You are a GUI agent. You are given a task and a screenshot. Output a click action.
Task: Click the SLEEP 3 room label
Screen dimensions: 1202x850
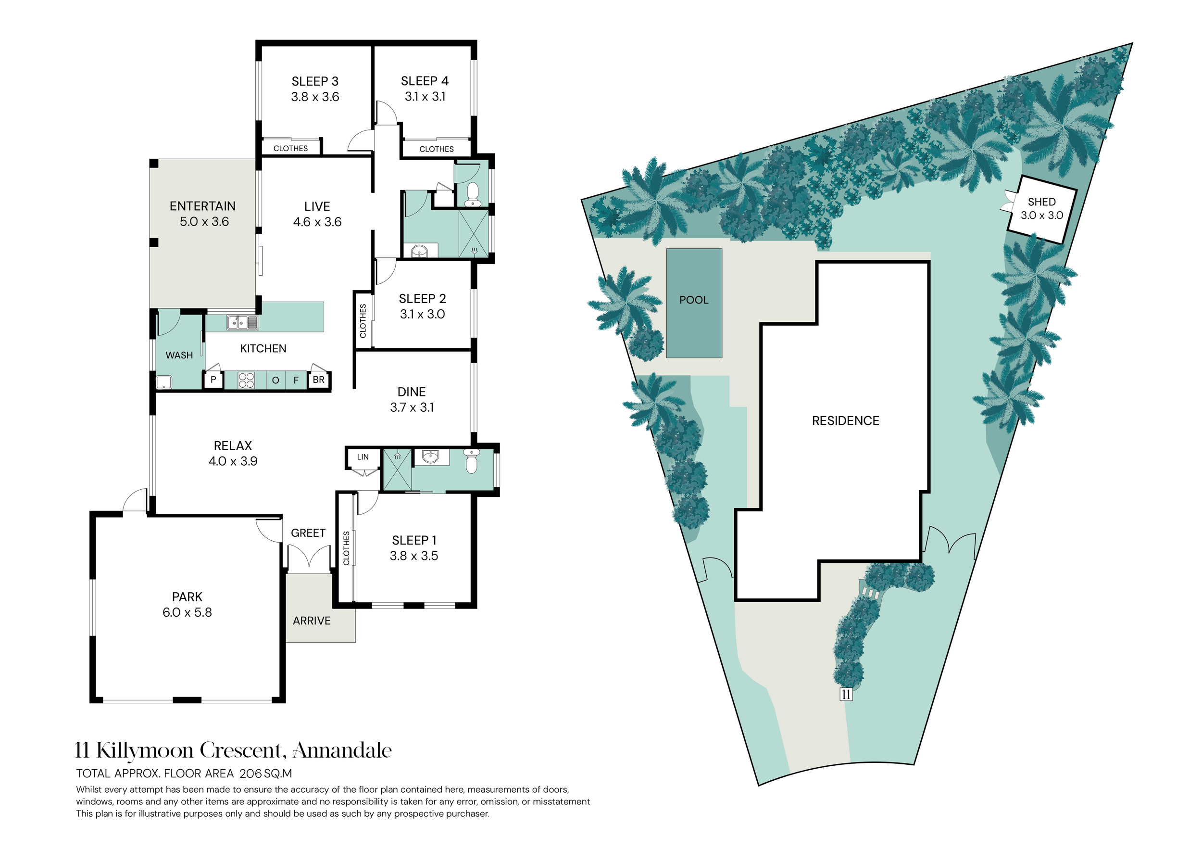click(x=314, y=81)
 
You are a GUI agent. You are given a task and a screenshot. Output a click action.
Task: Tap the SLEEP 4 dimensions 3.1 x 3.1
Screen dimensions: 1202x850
click(x=425, y=96)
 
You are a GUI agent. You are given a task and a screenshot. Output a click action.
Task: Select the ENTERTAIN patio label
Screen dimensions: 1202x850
click(x=202, y=206)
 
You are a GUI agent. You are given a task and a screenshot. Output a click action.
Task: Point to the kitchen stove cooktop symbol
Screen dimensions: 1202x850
click(x=246, y=380)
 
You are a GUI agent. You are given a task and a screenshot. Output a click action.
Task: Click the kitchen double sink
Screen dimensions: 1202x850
click(x=242, y=322)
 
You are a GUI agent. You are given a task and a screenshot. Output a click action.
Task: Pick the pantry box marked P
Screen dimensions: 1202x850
click(x=213, y=380)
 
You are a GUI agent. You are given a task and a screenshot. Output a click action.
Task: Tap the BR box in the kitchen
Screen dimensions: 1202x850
click(x=318, y=380)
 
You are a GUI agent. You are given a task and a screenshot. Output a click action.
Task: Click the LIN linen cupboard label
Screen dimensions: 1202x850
click(x=363, y=457)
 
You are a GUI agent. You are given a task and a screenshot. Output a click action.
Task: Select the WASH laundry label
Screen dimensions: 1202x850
click(x=179, y=355)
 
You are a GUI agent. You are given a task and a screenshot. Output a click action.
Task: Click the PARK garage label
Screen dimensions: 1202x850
click(x=187, y=596)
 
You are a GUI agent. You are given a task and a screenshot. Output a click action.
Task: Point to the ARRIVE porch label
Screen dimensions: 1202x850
click(x=312, y=621)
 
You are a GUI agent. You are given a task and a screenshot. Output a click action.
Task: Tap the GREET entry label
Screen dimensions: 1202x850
click(x=308, y=533)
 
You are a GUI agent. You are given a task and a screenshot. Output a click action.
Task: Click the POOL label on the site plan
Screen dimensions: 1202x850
click(x=694, y=300)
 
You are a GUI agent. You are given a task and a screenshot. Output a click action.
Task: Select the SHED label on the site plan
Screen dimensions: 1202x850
click(x=1041, y=202)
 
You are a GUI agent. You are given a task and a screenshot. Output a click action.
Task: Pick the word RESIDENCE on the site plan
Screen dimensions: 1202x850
click(x=845, y=420)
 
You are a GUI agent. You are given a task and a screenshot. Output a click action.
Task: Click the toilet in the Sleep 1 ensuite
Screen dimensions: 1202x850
click(x=471, y=460)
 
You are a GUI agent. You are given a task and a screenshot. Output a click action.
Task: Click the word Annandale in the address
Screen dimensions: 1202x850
click(x=342, y=750)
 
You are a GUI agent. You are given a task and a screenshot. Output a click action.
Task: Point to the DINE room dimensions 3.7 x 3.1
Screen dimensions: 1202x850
click(x=412, y=407)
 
